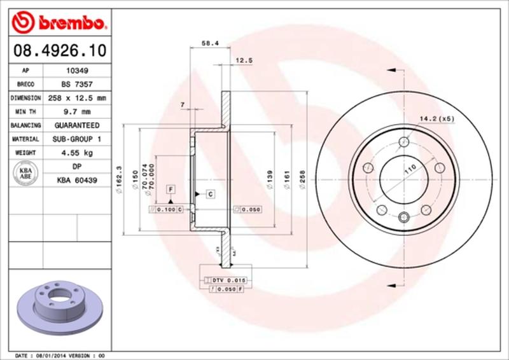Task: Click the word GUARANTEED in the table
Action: [76, 125]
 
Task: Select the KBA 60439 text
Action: [76, 181]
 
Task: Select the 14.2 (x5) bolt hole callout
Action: [436, 118]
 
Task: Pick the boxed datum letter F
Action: [170, 189]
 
